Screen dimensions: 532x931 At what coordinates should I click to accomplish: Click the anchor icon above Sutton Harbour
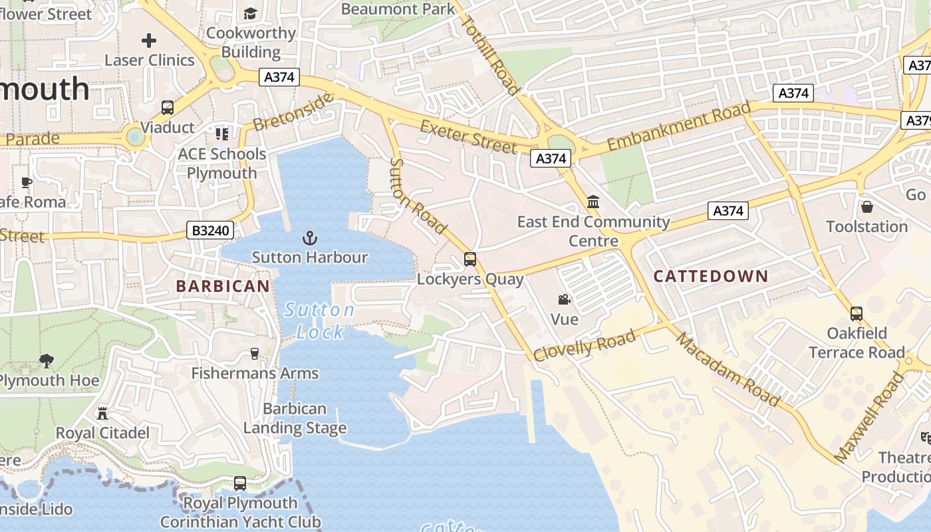coord(309,238)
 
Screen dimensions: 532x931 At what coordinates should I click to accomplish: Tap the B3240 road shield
coord(210,231)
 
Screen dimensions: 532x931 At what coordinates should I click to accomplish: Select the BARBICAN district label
coord(223,287)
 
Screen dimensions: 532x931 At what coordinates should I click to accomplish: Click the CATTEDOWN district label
coord(711,276)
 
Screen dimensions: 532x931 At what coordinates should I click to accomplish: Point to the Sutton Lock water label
coord(320,321)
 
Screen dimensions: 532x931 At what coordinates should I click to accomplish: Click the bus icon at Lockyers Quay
coord(470,259)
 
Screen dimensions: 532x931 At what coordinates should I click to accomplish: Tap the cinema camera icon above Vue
coord(565,300)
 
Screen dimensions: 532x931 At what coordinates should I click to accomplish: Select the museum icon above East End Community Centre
coord(593,202)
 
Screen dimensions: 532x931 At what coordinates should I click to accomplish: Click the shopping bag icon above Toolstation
coord(866,207)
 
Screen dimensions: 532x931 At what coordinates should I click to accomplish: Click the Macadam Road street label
coord(728,368)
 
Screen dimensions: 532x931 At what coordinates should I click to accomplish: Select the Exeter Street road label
coord(468,136)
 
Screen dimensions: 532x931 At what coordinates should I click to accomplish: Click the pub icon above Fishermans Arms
coord(254,353)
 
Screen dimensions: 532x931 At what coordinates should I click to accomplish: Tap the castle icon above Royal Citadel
coord(102,413)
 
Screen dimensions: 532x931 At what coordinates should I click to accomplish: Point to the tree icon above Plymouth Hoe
coord(47,361)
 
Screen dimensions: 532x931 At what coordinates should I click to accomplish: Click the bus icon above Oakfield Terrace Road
coord(857,313)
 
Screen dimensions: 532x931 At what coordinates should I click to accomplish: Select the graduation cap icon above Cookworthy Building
coord(250,13)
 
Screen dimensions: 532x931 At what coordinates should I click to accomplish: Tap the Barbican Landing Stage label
coord(295,418)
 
